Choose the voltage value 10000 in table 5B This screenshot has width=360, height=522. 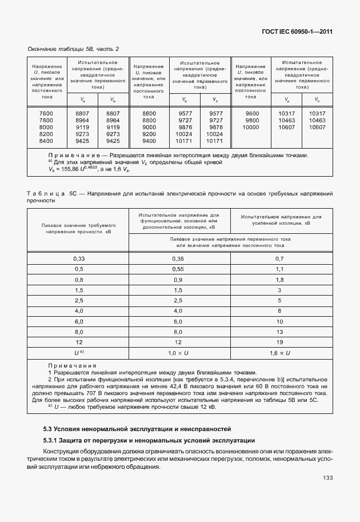coord(251,127)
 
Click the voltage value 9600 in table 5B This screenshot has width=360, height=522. coord(251,114)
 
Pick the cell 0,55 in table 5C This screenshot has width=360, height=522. coord(178,269)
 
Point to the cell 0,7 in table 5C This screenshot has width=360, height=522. coord(279,258)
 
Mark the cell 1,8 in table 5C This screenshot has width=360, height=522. coord(279,280)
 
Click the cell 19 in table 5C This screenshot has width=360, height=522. coord(279,342)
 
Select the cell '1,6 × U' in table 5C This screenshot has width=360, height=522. coord(279,353)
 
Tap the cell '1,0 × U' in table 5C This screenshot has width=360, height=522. coord(178,353)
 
